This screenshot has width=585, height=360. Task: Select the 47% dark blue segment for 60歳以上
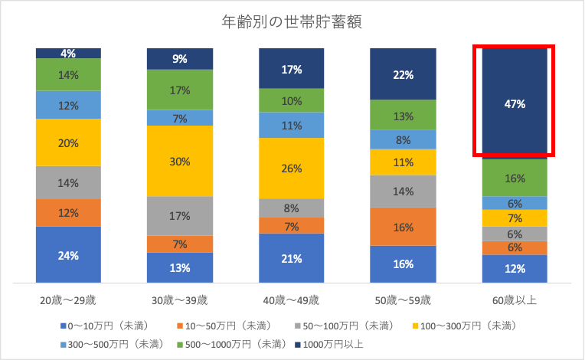(x=514, y=103)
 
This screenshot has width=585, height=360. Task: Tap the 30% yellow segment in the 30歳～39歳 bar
(x=180, y=161)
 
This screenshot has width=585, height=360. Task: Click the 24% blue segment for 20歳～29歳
(x=68, y=255)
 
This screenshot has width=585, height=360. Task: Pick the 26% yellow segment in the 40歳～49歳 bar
(x=292, y=169)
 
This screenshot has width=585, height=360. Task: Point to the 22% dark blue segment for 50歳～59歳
(x=403, y=74)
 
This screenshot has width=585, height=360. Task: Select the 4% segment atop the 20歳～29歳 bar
(x=68, y=54)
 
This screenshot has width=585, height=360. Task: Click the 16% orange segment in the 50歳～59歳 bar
(x=403, y=227)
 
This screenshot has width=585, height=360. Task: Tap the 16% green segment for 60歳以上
(x=514, y=178)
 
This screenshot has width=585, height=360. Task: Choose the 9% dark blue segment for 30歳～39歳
(x=180, y=58)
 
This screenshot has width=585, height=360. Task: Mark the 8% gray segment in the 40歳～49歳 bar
(x=292, y=208)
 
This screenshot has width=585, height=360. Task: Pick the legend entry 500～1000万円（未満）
(x=230, y=344)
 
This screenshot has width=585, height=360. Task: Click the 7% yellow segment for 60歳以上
(x=514, y=218)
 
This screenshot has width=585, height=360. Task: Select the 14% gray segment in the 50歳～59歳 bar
(x=403, y=191)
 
